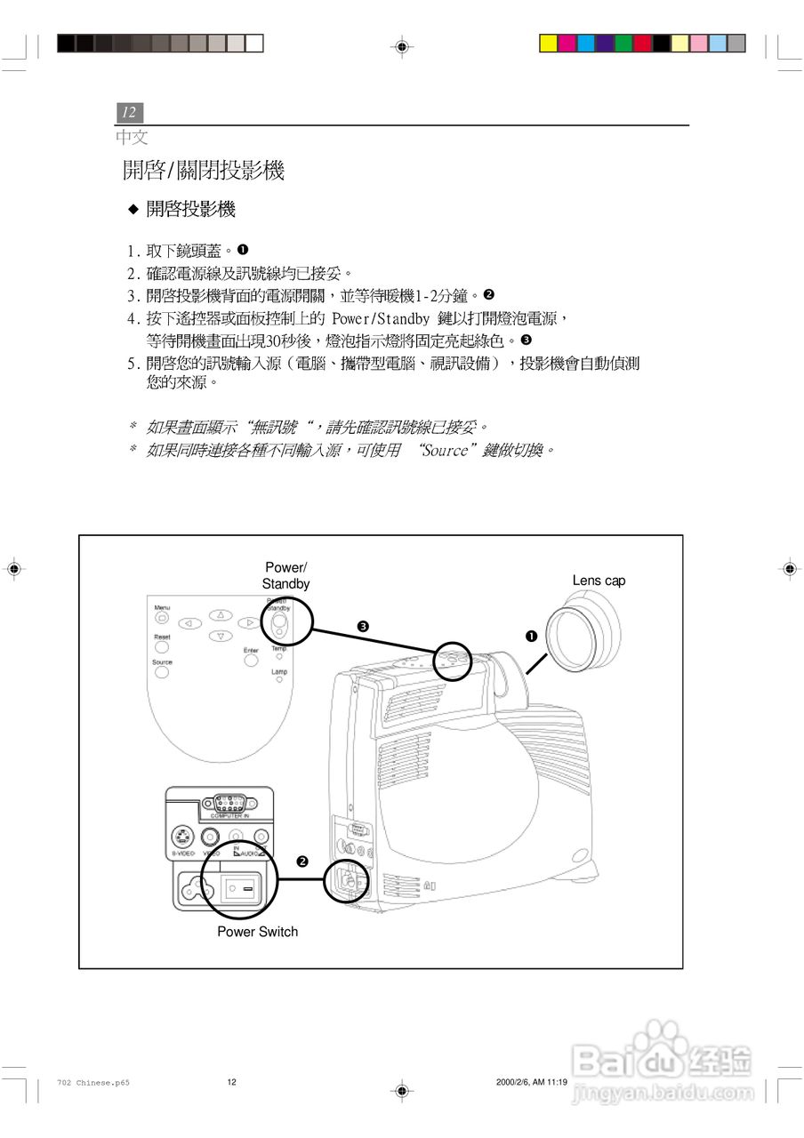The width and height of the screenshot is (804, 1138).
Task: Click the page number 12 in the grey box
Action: tap(129, 113)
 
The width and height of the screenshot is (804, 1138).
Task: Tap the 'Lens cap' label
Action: tap(599, 581)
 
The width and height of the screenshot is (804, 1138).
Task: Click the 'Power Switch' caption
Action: tap(257, 932)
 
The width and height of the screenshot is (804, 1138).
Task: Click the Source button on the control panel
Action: tap(162, 672)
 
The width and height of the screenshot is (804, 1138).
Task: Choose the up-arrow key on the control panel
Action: tap(220, 614)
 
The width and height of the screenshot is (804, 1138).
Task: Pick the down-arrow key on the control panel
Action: tap(220, 636)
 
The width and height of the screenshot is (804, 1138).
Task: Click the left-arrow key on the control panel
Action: tap(189, 624)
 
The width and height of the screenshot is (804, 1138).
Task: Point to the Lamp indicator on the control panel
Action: tap(279, 680)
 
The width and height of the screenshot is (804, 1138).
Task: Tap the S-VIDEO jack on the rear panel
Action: tap(182, 837)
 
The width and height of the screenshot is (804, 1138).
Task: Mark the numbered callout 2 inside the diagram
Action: tap(302, 862)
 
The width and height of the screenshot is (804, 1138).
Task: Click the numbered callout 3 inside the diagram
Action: tap(363, 627)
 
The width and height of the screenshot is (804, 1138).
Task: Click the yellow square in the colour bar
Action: tap(549, 43)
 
